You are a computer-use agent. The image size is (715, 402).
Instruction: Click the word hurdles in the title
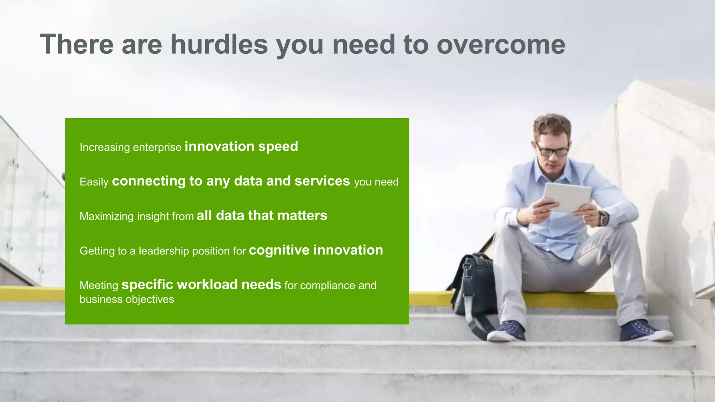click(219, 44)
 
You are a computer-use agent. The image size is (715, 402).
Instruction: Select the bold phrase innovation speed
click(241, 146)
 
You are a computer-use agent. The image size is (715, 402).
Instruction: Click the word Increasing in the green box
click(105, 147)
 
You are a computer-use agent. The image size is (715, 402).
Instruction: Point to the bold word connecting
click(149, 181)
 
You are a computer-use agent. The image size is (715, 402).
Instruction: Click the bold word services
click(322, 181)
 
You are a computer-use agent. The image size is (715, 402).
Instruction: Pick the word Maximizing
click(106, 216)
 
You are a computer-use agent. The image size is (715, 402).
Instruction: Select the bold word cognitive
click(279, 250)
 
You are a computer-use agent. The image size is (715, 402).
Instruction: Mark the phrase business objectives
click(127, 299)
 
